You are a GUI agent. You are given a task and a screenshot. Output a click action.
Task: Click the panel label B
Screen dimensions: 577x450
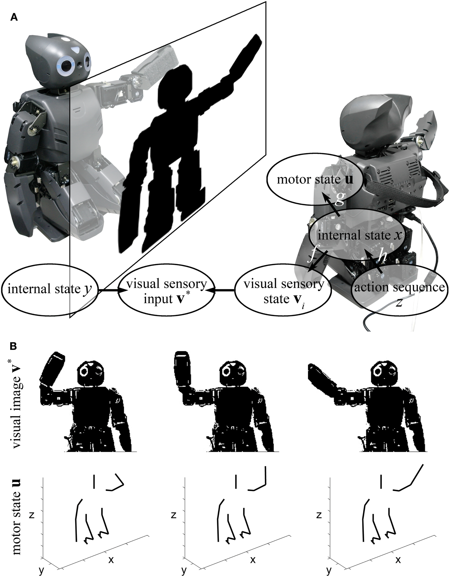(x=14, y=346)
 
